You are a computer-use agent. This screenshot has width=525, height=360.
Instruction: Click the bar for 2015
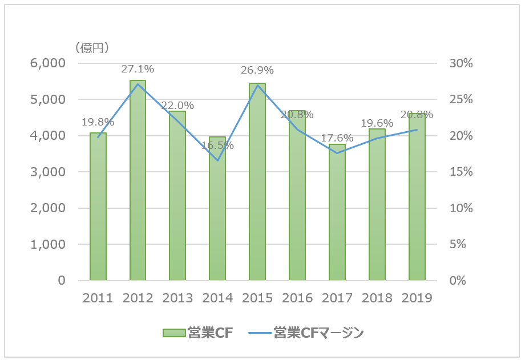(257, 182)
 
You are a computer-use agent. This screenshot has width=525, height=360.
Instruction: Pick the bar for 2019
(417, 197)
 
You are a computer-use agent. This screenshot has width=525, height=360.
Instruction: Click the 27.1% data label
(138, 69)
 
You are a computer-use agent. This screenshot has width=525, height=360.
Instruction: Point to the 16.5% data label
(217, 145)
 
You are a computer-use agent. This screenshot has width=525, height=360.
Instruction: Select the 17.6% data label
(337, 138)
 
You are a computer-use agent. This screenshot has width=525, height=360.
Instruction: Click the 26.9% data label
(257, 70)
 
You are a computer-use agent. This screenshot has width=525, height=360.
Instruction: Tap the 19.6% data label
(377, 122)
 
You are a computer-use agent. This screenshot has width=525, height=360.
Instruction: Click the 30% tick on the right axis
(461, 63)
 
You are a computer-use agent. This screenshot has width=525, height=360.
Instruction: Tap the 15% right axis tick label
(461, 172)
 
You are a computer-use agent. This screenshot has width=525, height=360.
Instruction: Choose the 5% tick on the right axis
(461, 244)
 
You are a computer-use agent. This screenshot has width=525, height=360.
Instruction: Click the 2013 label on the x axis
(177, 298)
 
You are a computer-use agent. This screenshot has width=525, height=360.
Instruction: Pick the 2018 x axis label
(377, 298)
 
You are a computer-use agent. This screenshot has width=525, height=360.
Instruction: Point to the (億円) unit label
(92, 48)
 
